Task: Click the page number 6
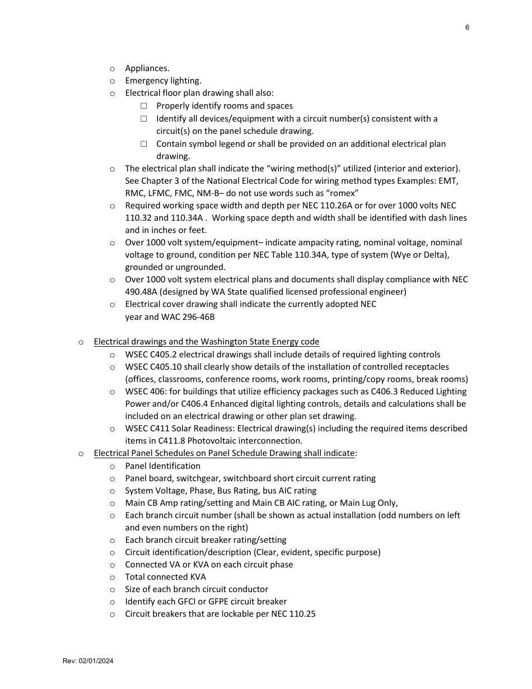pos(467,27)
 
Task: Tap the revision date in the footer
pos(88,661)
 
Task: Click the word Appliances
pos(147,68)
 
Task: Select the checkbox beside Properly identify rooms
pos(144,106)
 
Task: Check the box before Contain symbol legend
pos(144,144)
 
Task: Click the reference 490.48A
pos(142,292)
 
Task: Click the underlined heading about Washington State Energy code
pos(206,342)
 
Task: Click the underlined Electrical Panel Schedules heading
pos(224,453)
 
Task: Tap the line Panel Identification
pos(162,466)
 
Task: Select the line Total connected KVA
pos(165,577)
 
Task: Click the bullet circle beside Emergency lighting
pos(113,81)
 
